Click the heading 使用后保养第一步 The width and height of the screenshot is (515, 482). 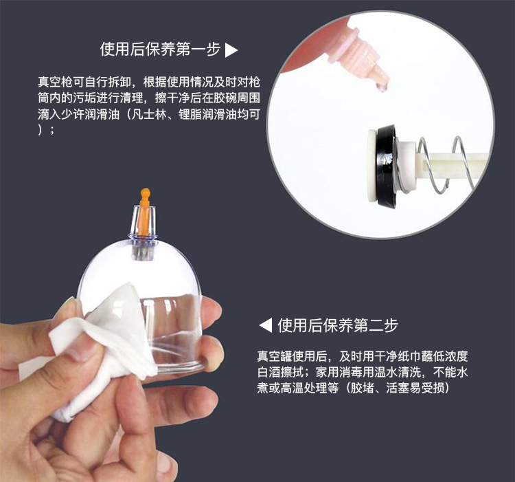pyautogui.click(x=160, y=50)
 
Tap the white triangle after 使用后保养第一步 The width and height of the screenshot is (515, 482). pyautogui.click(x=231, y=50)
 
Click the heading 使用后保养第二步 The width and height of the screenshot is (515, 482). pyautogui.click(x=337, y=325)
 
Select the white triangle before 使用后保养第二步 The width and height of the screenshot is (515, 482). pyautogui.click(x=265, y=325)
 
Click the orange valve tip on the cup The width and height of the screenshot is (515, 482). pyautogui.click(x=145, y=199)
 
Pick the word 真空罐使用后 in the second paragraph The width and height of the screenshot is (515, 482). pyautogui.click(x=290, y=357)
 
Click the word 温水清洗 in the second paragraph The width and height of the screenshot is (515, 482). pyautogui.click(x=403, y=373)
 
